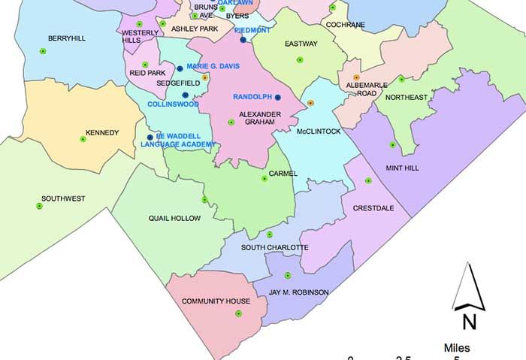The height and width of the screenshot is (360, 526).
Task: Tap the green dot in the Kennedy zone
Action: click(83, 138)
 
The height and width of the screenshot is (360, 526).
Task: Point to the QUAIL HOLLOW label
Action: click(174, 219)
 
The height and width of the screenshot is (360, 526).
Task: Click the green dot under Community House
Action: click(238, 313)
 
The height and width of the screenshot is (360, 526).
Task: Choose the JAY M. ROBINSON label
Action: click(299, 292)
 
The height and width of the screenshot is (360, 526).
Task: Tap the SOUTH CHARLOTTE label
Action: click(274, 247)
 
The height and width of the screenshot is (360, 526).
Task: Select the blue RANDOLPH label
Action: click(252, 97)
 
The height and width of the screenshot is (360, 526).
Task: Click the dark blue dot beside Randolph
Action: click(277, 98)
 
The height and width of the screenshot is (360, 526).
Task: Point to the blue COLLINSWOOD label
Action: click(173, 104)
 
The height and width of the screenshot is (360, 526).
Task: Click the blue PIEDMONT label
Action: click(252, 30)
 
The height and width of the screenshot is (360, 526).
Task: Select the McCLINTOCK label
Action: click(319, 132)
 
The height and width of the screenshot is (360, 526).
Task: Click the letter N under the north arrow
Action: click(470, 322)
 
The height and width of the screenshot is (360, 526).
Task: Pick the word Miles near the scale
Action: click(457, 348)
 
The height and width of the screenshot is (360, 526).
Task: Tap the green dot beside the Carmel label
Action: click(263, 178)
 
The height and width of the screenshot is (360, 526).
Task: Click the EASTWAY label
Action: click(301, 44)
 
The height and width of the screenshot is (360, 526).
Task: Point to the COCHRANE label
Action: click(345, 25)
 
